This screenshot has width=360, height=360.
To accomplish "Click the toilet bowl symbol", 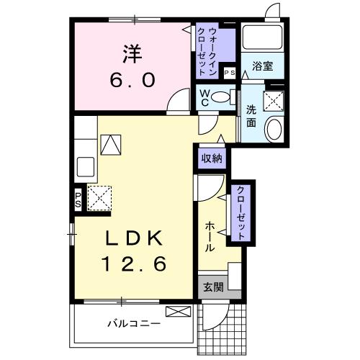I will [x=224, y=96].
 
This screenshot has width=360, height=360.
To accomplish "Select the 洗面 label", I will [x=251, y=116].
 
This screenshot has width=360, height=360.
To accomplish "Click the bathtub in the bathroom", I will [x=261, y=39].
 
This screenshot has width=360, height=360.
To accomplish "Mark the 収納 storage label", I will [x=210, y=158].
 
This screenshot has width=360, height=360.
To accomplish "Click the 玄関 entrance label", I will [x=213, y=287].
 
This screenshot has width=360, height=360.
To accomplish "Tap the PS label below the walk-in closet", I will [x=230, y=73].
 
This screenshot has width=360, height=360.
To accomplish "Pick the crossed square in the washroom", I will [x=273, y=101].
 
